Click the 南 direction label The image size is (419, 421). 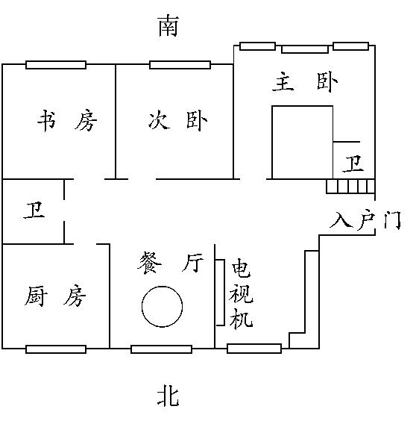168,25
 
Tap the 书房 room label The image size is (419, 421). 67,121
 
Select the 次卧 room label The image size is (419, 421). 178,120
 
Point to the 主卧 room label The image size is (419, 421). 305,81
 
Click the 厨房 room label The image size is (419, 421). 55,296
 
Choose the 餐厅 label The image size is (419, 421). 170,262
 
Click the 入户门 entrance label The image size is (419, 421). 365,220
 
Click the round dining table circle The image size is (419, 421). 163,287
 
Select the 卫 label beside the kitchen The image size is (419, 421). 34,210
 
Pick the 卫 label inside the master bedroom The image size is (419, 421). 353,163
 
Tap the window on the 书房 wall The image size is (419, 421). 56,65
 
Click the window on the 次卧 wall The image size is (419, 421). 180,65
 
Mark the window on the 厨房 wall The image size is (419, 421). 56,349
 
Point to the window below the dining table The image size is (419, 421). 161,349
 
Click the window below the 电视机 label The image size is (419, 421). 254,349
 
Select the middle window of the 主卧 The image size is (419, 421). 305,49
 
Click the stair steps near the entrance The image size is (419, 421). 350,187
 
